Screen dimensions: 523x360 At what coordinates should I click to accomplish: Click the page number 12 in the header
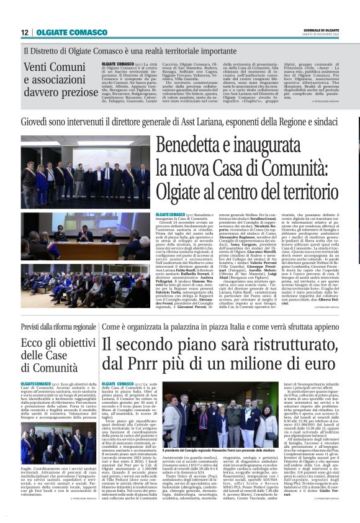(25, 32)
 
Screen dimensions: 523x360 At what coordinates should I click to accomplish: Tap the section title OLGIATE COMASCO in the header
(63, 32)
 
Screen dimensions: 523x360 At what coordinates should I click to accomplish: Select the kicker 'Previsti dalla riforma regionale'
(58, 326)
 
